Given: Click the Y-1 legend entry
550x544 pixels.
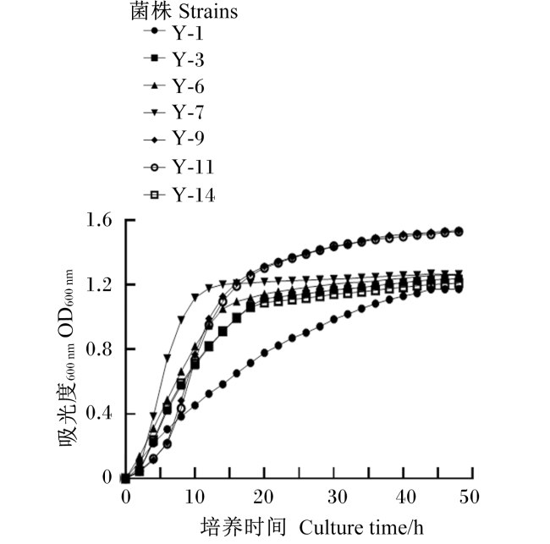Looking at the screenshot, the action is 173,33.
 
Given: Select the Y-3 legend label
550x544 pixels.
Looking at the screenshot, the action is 173,59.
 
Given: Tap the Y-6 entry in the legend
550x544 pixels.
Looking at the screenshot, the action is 173,86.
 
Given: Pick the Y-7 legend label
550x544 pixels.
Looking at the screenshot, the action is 173,113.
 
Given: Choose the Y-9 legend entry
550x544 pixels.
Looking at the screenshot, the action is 173,139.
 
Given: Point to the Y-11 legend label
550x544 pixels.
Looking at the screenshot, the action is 179,167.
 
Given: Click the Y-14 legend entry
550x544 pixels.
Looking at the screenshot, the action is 179,195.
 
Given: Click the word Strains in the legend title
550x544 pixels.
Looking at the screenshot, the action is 208,11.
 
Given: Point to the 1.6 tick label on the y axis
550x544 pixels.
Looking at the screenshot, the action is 99,220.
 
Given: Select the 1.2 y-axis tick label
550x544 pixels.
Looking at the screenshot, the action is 99,285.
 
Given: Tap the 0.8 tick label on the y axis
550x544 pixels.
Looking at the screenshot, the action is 99,349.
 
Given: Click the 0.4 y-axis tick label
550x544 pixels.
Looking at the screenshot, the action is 99,414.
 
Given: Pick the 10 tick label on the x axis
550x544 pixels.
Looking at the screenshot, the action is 195,497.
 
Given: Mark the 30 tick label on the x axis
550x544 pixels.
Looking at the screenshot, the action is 338,497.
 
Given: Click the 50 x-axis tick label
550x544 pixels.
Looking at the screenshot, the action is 470,497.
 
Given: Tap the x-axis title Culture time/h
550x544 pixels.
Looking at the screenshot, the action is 361,527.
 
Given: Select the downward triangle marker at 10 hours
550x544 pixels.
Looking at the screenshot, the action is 195,298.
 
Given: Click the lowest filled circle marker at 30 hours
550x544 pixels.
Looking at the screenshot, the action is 334,319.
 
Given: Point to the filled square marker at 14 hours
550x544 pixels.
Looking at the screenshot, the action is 223,331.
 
